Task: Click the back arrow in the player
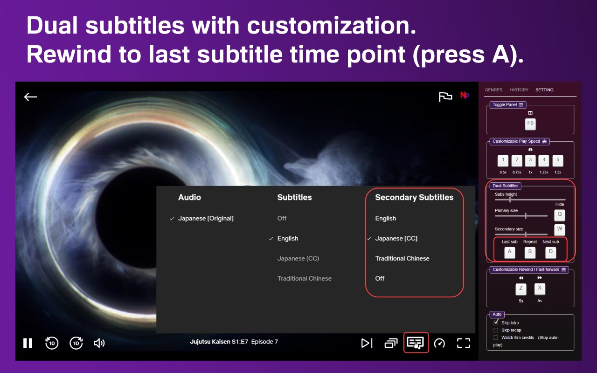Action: click(x=31, y=97)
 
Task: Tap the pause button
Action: click(x=28, y=343)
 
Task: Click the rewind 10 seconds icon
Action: click(x=52, y=343)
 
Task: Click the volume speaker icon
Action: click(x=99, y=343)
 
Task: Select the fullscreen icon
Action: click(x=464, y=343)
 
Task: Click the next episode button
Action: click(x=367, y=343)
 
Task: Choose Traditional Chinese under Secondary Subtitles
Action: click(x=402, y=258)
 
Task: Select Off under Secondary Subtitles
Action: click(x=380, y=278)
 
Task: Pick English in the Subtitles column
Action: click(x=288, y=238)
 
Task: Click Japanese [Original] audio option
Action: click(x=206, y=219)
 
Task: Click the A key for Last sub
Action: click(x=510, y=252)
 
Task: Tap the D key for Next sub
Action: click(x=551, y=252)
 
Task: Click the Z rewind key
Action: click(x=521, y=289)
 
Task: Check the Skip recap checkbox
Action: click(x=496, y=330)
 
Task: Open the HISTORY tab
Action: click(x=519, y=90)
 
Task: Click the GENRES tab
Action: click(x=493, y=90)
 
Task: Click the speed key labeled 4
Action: click(x=544, y=160)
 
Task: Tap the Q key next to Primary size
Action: click(x=559, y=215)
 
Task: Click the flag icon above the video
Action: click(x=445, y=97)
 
